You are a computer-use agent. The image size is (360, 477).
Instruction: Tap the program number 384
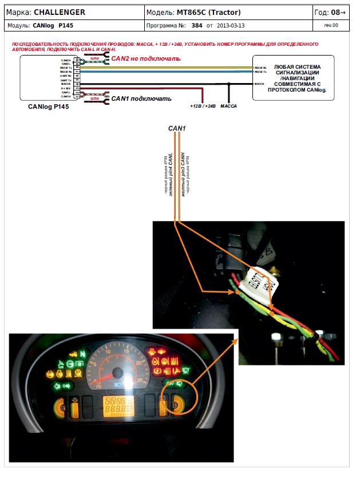pyautogui.click(x=197, y=26)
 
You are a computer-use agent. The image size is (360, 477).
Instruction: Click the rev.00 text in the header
pyautogui.click(x=331, y=26)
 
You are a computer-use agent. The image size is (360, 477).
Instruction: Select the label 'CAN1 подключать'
pyautogui.click(x=141, y=98)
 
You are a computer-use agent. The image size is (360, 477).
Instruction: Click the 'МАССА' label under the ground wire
pyautogui.click(x=228, y=107)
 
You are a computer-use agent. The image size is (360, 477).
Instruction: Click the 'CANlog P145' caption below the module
pyautogui.click(x=49, y=107)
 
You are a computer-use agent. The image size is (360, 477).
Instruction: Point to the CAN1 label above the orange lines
pyautogui.click(x=176, y=129)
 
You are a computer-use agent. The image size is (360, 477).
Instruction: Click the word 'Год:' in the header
pyautogui.click(x=322, y=12)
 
